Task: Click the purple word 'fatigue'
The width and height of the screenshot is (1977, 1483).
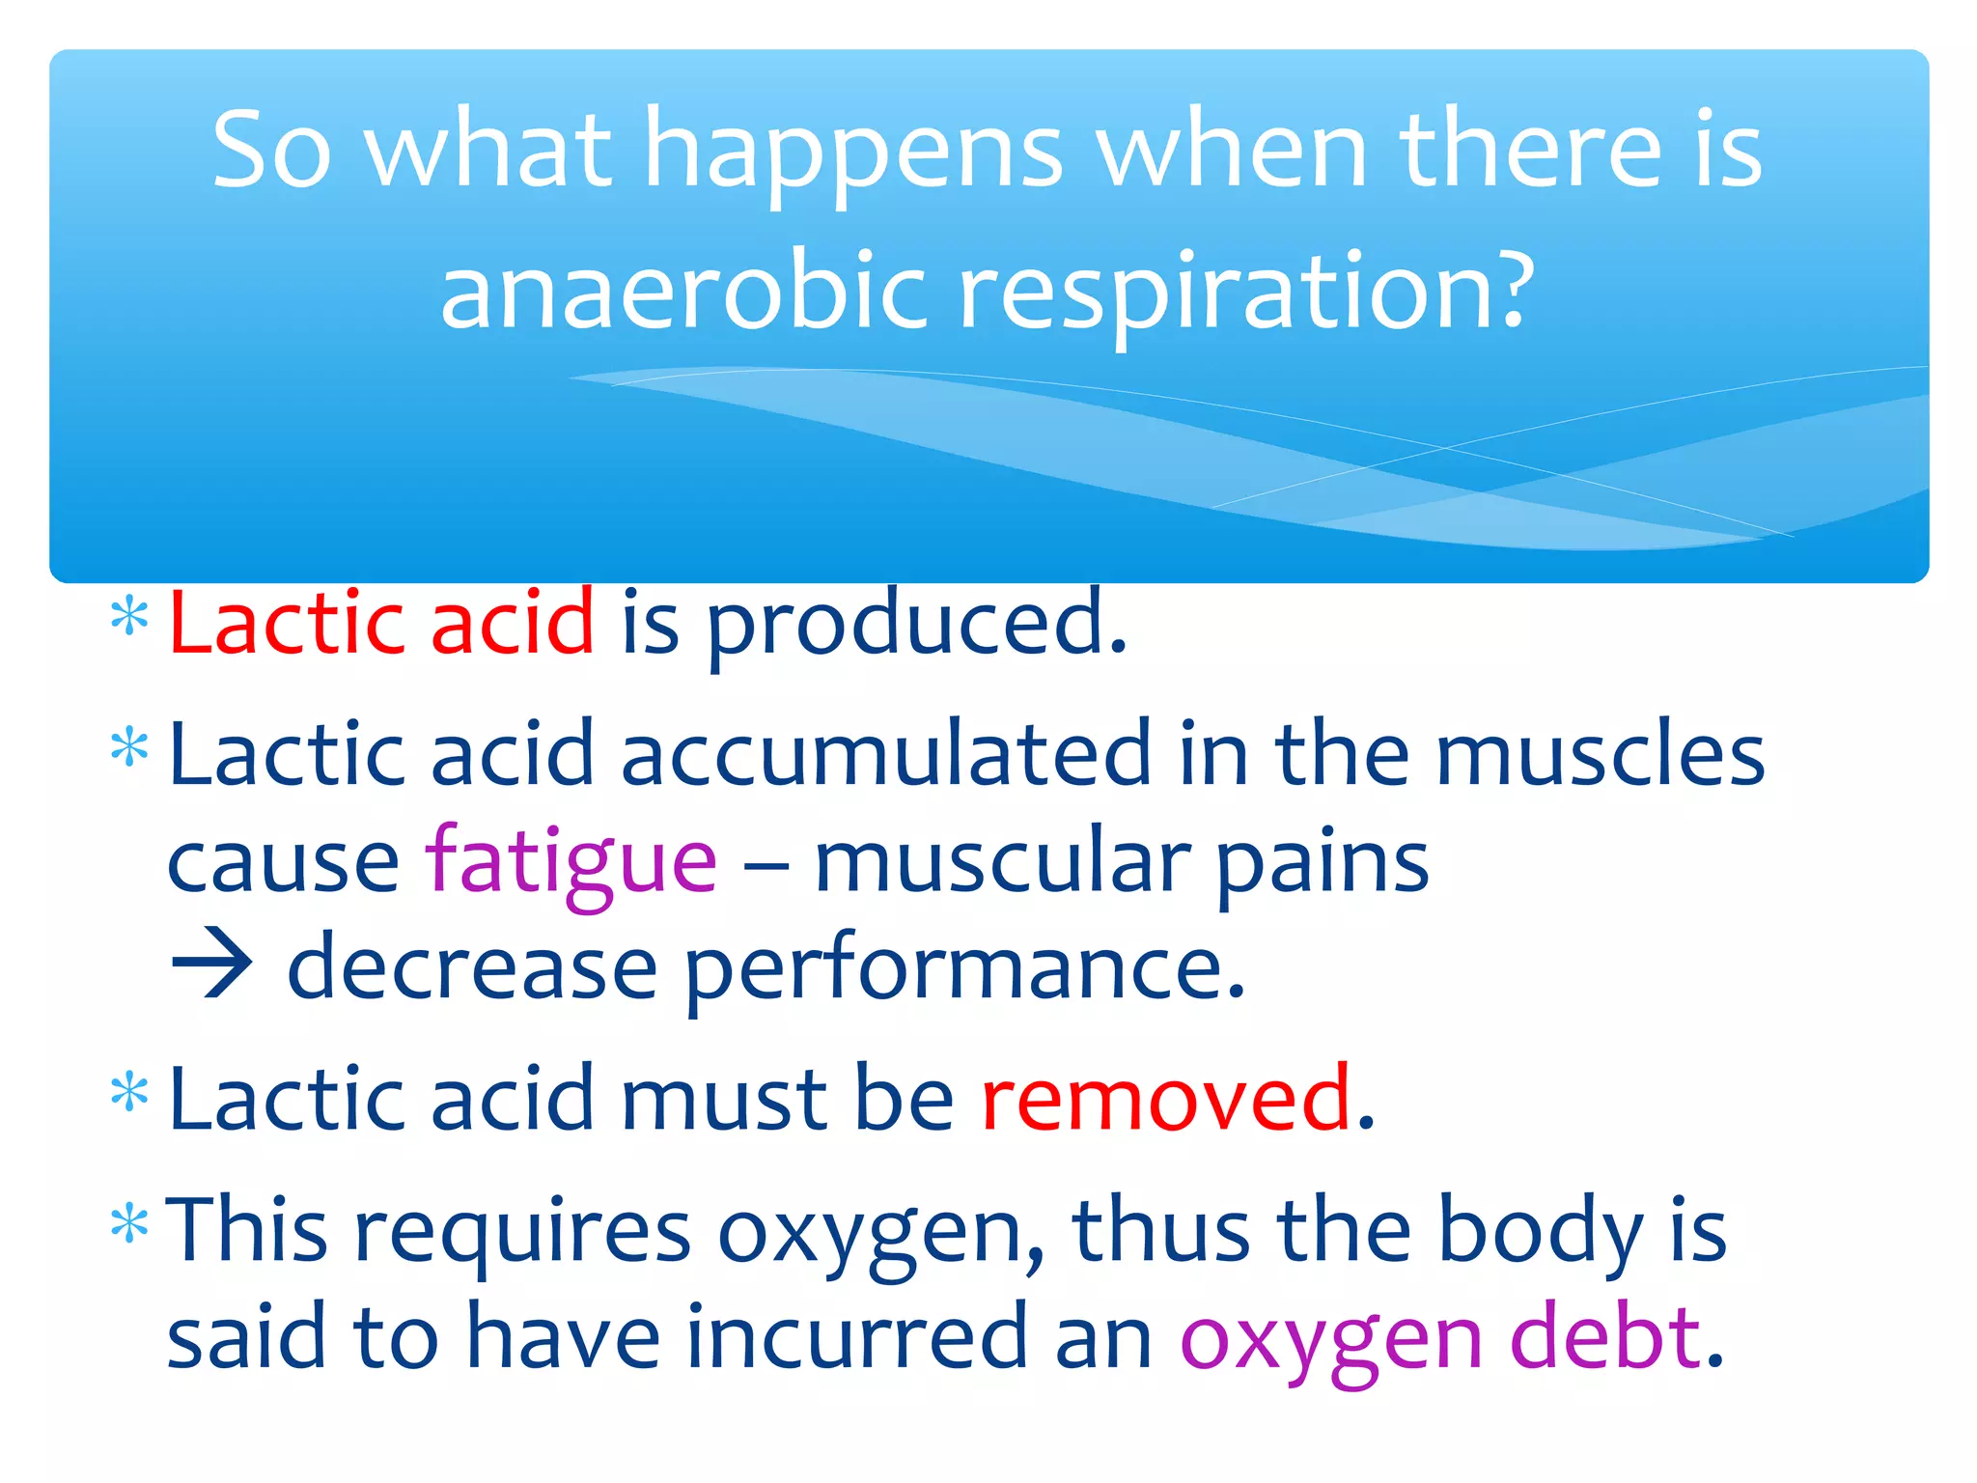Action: pyautogui.click(x=571, y=861)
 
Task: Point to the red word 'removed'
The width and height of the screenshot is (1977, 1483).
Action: pyautogui.click(x=1165, y=1098)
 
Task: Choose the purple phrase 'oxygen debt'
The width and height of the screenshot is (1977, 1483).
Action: pyautogui.click(x=1439, y=1338)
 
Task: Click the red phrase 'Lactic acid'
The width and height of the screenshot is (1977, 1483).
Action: pyautogui.click(x=381, y=623)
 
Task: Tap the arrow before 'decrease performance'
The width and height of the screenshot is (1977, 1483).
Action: pyautogui.click(x=212, y=963)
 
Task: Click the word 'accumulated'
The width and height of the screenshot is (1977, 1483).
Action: pyautogui.click(x=886, y=753)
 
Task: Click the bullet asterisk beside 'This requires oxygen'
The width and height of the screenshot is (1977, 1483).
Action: pyautogui.click(x=129, y=1224)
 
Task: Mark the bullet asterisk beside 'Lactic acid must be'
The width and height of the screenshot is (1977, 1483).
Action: pyautogui.click(x=129, y=1092)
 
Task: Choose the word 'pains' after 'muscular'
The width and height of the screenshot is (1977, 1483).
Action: pyautogui.click(x=1322, y=863)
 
